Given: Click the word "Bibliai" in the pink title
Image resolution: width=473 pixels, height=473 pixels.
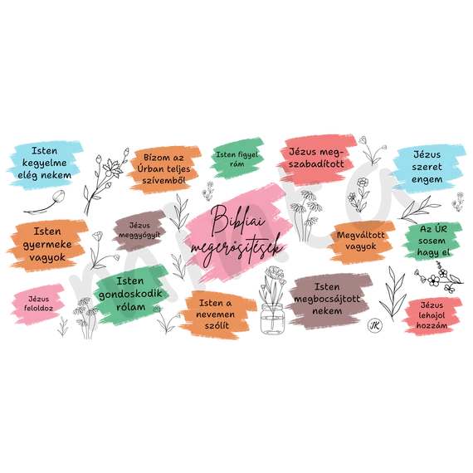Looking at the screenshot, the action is pos(237,220).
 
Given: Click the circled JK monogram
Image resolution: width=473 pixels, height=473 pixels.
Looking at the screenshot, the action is pos(375,325).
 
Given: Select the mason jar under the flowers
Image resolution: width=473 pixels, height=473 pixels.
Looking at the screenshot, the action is pos(272,319).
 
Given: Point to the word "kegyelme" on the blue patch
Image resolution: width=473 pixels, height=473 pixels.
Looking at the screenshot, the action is pos(44,163).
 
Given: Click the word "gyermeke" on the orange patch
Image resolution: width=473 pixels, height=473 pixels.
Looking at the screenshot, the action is pos(47,245).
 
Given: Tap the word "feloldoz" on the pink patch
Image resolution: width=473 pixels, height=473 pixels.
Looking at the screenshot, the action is pos(39,308).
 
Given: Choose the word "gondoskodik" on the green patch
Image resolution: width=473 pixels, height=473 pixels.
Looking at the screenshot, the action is pos(130,294).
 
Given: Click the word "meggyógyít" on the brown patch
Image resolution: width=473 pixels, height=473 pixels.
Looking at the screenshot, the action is pos(139,235).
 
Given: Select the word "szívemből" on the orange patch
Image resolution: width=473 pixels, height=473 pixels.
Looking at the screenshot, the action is pos(163,180).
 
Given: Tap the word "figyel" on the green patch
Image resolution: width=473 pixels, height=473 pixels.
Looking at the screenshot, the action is pos(247,154).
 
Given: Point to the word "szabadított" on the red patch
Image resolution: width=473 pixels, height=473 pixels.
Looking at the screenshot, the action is pos(316,163).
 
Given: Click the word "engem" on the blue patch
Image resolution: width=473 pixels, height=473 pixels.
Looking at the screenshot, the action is pos(427,180).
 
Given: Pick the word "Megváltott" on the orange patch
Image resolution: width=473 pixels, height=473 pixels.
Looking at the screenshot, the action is pos(360,235).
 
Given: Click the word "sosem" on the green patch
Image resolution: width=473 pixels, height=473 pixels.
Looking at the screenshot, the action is pos(432,241).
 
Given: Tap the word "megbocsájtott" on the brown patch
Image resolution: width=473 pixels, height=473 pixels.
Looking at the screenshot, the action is pos(327,300).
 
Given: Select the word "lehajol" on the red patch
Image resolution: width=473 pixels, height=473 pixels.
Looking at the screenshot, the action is pos(432,315).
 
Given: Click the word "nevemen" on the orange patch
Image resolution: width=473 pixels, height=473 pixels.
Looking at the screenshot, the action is pos(216,315).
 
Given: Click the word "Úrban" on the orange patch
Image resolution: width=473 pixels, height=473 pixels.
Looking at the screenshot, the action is pos(150,168).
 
